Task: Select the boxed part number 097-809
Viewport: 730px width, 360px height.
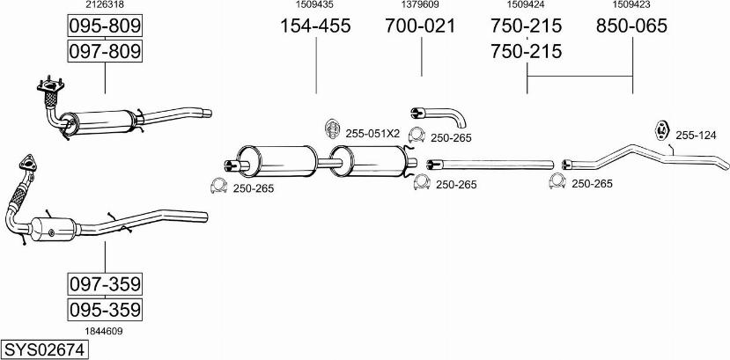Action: [x=105, y=52]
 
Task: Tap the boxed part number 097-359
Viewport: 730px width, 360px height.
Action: [x=105, y=284]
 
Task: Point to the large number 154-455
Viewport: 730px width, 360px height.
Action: [x=315, y=26]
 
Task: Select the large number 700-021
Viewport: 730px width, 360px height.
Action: [x=420, y=26]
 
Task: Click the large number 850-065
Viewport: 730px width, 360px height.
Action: [x=631, y=26]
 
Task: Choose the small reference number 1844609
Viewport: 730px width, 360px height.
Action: [x=104, y=331]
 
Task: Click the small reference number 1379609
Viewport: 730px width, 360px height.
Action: [x=420, y=5]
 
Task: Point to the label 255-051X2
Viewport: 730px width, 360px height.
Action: [x=372, y=134]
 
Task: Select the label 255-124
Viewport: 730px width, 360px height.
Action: [x=696, y=135]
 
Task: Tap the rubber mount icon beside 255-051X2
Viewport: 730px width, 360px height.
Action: [x=333, y=129]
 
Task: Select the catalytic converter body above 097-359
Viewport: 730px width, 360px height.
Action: [x=55, y=228]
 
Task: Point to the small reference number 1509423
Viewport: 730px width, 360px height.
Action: [x=631, y=5]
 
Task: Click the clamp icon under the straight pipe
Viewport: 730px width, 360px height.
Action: [x=556, y=183]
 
